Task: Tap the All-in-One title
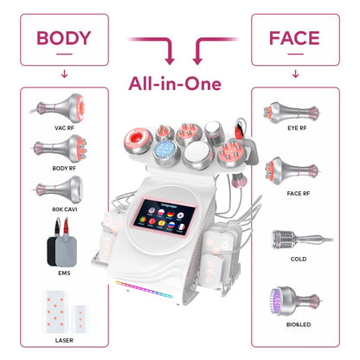pos(179,84)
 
